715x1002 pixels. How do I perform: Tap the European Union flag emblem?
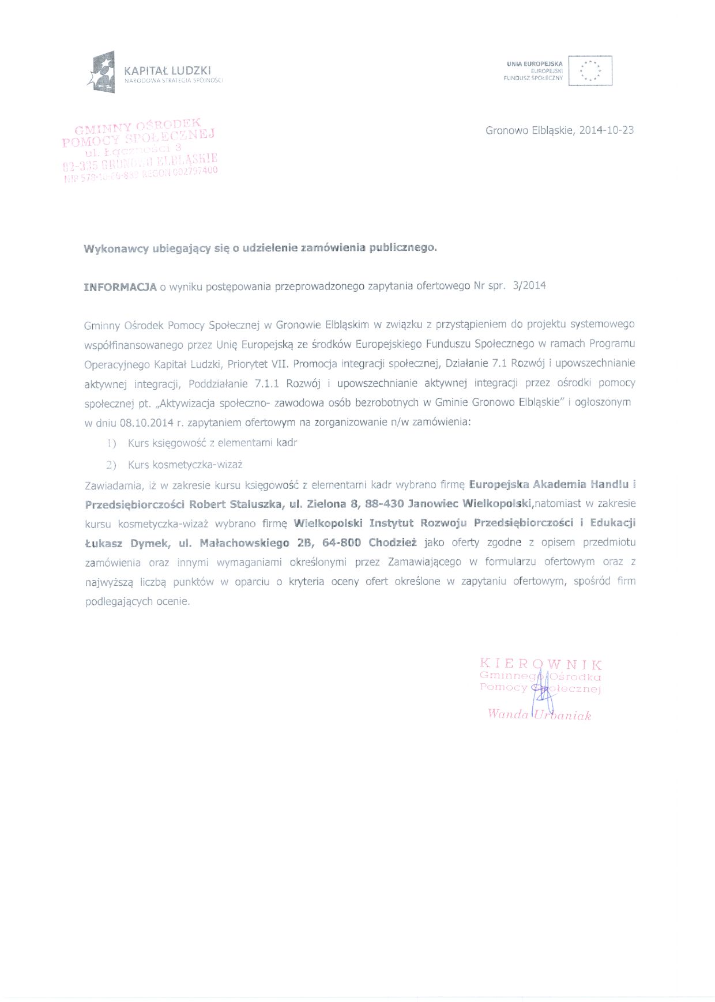click(590, 70)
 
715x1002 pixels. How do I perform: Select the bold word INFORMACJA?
click(120, 287)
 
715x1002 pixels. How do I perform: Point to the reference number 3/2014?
click(529, 285)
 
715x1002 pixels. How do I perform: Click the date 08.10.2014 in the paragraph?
click(146, 423)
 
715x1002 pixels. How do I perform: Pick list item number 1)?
click(111, 443)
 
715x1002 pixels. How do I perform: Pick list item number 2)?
click(111, 465)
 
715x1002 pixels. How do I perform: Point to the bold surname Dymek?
click(150, 543)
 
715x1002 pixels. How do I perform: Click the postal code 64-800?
click(341, 543)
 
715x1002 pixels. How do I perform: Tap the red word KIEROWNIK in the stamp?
click(541, 665)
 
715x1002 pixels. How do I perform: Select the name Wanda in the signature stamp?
click(507, 714)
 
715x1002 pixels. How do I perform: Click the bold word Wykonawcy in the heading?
click(115, 249)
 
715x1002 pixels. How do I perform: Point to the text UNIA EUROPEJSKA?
click(535, 64)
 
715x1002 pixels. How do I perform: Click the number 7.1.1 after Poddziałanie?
click(267, 383)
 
